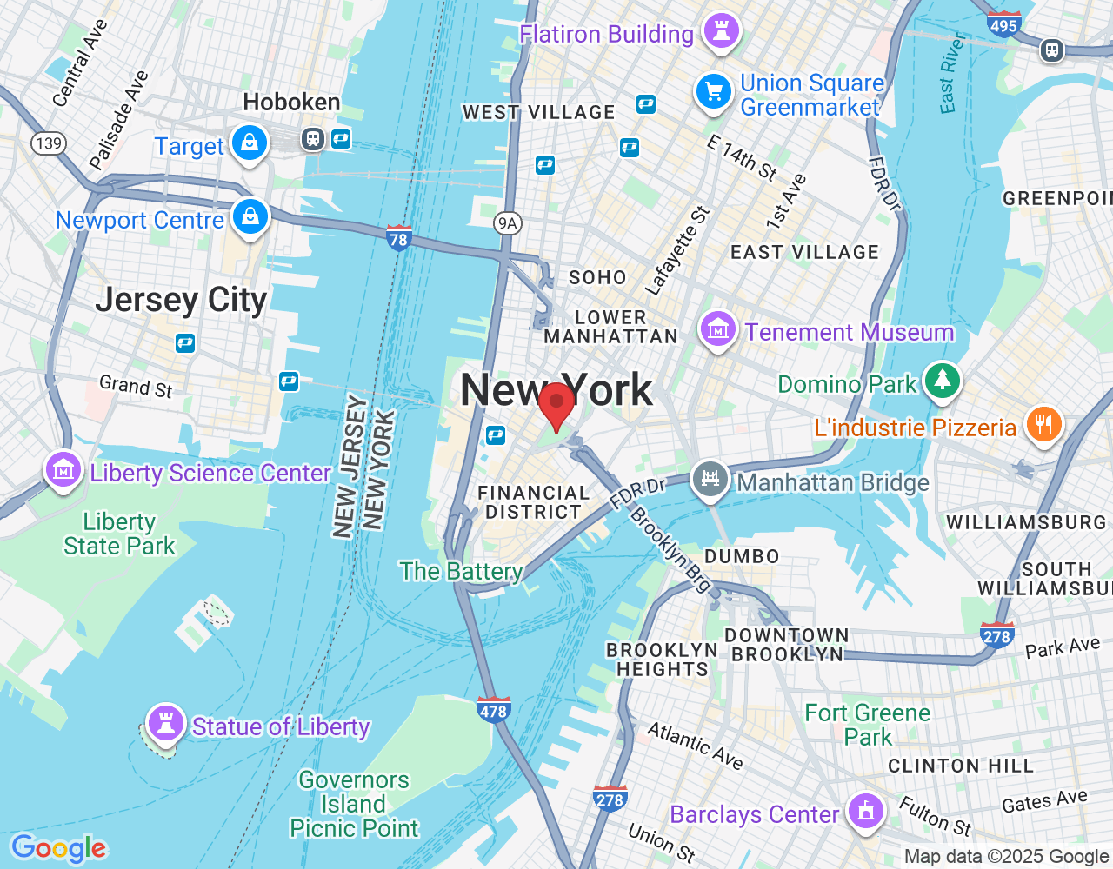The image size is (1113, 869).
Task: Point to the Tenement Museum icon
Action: pyautogui.click(x=718, y=330)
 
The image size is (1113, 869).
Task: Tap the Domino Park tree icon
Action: pyautogui.click(x=942, y=381)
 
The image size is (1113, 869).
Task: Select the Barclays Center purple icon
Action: pyautogui.click(x=864, y=812)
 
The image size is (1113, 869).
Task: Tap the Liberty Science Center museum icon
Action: pyautogui.click(x=63, y=471)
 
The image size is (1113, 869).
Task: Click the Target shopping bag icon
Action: pyautogui.click(x=250, y=143)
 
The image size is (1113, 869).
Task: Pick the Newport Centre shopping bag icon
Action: pyautogui.click(x=250, y=217)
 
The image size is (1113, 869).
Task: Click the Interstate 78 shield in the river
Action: pyautogui.click(x=398, y=237)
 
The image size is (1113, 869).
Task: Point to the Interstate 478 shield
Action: pyautogui.click(x=493, y=709)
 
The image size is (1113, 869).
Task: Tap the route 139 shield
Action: pyautogui.click(x=49, y=143)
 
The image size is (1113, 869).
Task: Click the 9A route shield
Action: pyautogui.click(x=507, y=223)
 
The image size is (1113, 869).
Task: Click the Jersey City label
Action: pyautogui.click(x=181, y=301)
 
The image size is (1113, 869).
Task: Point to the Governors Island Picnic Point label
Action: pyautogui.click(x=354, y=804)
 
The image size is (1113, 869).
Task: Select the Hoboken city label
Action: pyautogui.click(x=291, y=103)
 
